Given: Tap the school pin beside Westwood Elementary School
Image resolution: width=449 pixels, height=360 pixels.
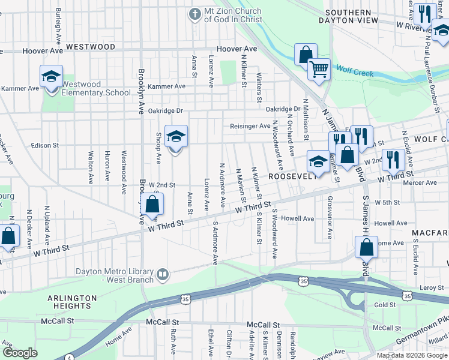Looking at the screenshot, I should point(52,77).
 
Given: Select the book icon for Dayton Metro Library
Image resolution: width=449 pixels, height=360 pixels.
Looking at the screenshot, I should point(162,275).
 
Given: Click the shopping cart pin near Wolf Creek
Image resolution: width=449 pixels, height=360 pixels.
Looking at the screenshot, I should point(319,69).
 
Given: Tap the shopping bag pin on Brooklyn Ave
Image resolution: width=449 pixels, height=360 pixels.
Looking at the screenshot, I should point(152,204).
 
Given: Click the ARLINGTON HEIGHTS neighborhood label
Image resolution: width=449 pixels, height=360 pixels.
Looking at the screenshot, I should point(72,302).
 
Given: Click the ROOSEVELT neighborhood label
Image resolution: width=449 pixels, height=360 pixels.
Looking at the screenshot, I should point(292,176).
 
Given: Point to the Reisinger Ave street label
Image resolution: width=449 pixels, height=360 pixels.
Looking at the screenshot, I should point(250,126).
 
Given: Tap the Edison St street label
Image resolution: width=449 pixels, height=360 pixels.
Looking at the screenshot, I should point(44,145).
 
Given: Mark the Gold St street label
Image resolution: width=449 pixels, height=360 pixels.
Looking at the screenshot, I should point(385,305).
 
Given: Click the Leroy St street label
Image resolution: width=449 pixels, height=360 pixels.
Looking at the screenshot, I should point(432,288).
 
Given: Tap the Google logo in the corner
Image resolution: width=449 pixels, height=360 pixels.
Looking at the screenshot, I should point(20,353).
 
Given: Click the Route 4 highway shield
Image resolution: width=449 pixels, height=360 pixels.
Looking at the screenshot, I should point(70,358).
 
